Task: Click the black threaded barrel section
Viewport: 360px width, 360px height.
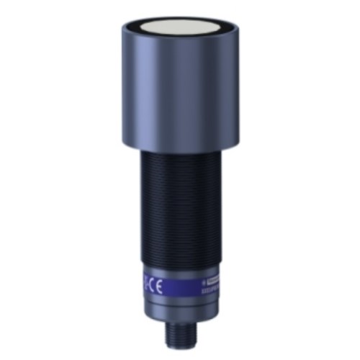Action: tap(177, 209)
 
